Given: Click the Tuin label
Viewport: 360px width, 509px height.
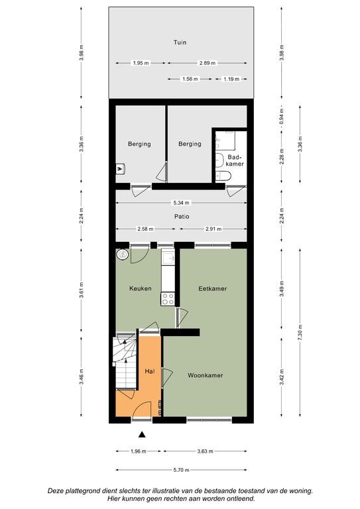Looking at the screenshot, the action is pos(180,42).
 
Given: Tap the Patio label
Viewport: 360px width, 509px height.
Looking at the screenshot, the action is pos(182,216).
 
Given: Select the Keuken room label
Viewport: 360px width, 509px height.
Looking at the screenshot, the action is pos(141,288).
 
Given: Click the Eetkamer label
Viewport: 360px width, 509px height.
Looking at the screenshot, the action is pos(213,288).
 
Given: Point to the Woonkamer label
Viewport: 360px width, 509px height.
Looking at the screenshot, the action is pos(205,375).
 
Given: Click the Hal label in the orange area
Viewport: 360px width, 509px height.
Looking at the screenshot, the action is pos(150,371).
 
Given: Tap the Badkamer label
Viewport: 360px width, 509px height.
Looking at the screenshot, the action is pos(235,160).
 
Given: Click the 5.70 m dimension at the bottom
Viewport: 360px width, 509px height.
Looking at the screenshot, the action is pos(181,470).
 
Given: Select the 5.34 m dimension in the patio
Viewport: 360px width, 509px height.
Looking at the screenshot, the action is pos(181,203).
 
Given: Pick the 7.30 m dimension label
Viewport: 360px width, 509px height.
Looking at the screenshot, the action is pos(300,333).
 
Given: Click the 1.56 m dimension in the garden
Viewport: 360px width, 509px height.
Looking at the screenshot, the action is pos(190,79).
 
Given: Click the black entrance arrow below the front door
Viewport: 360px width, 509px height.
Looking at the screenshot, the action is pos(141,434).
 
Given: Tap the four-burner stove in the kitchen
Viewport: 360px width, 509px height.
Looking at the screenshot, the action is pos(168,299).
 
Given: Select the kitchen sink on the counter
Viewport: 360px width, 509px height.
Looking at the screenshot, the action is pos(168,258).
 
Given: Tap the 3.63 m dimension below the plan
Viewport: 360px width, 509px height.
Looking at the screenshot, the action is pos(205,451).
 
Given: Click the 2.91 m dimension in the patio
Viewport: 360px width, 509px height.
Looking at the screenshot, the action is pos(213,229).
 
